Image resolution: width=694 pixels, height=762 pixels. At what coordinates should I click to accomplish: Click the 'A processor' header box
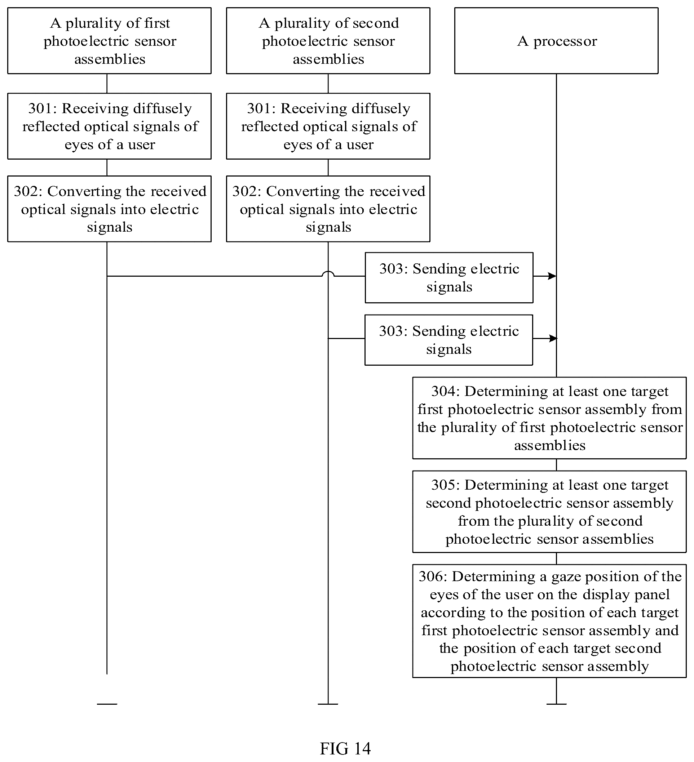(556, 41)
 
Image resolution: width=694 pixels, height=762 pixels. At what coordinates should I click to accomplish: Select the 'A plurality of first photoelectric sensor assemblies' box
(109, 41)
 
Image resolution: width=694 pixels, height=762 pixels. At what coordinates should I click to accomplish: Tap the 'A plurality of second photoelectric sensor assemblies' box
(328, 41)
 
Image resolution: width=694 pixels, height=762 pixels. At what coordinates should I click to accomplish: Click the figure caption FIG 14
(345, 748)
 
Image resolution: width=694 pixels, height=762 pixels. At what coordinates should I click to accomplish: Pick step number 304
(445, 391)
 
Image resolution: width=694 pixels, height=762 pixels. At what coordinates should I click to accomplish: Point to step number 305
(445, 485)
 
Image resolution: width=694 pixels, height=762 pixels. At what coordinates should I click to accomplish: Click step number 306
(432, 576)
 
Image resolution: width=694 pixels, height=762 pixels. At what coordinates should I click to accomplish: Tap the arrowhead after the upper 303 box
(552, 276)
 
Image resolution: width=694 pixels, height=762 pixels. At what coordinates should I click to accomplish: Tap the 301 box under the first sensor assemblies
(109, 126)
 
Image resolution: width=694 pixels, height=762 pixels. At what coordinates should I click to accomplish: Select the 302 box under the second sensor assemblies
(328, 209)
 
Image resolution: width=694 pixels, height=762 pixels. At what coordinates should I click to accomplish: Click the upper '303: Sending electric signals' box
(449, 278)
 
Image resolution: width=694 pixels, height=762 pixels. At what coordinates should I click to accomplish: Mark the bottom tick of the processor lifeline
(556, 704)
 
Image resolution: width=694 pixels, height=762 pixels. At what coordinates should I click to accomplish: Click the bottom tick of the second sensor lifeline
(328, 704)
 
